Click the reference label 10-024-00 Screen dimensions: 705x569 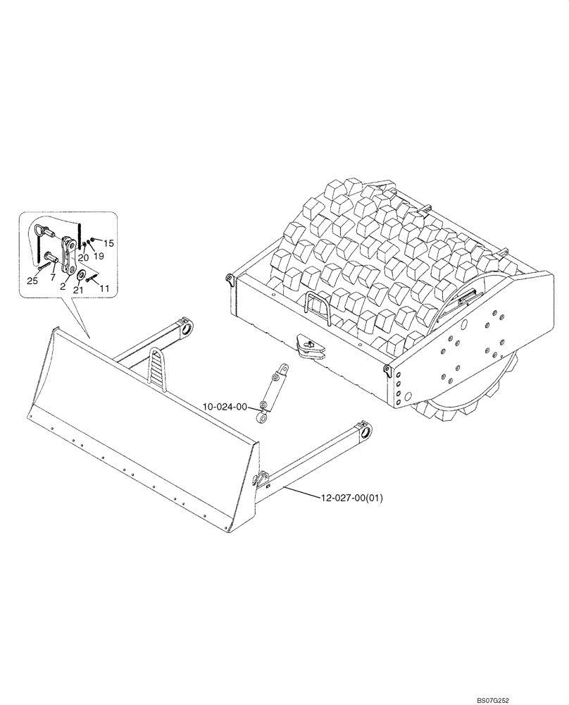(x=225, y=407)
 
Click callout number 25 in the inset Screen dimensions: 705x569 (x=32, y=281)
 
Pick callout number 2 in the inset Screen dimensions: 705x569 (x=63, y=287)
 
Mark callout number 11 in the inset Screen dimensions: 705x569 (x=104, y=288)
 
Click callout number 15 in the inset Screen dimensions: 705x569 (x=109, y=243)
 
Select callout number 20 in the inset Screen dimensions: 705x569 (x=83, y=257)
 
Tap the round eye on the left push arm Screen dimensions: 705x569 (x=187, y=329)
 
